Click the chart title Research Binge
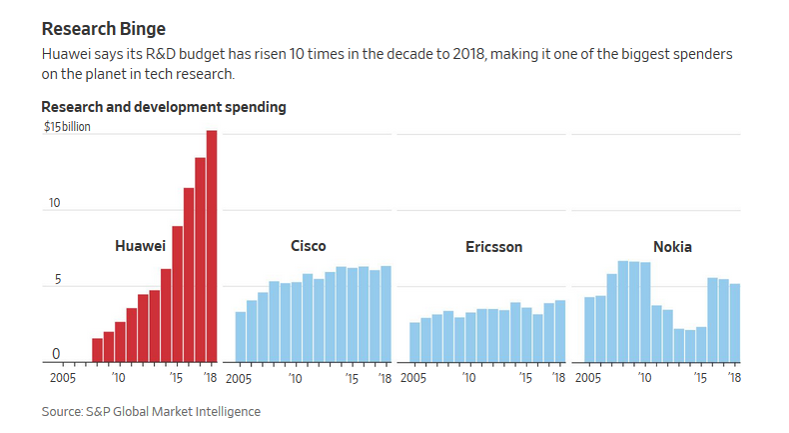[102, 29]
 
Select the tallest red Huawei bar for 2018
[212, 246]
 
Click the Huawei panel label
[140, 246]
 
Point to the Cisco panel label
[308, 246]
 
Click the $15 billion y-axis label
[67, 127]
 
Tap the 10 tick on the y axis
[55, 204]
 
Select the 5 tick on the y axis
[56, 280]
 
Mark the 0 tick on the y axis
[56, 353]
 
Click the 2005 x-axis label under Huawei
[63, 378]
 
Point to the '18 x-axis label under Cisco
[385, 378]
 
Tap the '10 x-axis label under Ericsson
[468, 378]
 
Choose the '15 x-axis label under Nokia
[700, 378]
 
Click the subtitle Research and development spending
[164, 107]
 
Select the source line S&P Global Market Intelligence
[150, 411]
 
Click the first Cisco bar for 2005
[241, 337]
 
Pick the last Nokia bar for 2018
[735, 323]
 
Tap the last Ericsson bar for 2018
[560, 331]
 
